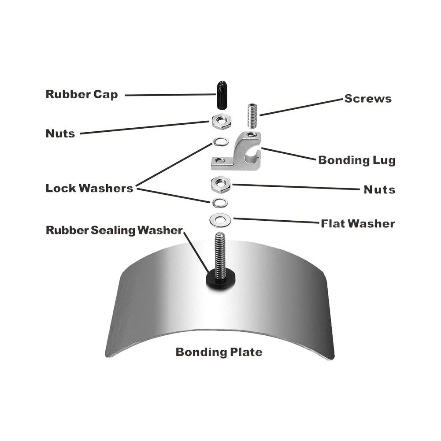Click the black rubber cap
(222, 95)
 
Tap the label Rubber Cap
(82, 94)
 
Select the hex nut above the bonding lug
(222, 122)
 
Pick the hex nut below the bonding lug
(221, 184)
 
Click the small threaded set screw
(252, 115)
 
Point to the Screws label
(368, 99)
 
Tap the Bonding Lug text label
(356, 160)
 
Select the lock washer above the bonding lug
(221, 141)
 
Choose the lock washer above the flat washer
(220, 203)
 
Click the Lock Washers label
(89, 188)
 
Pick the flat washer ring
(220, 220)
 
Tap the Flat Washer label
(358, 224)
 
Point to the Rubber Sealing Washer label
(114, 230)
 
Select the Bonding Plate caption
(219, 352)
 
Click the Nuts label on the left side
(60, 133)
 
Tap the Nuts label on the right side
(379, 189)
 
